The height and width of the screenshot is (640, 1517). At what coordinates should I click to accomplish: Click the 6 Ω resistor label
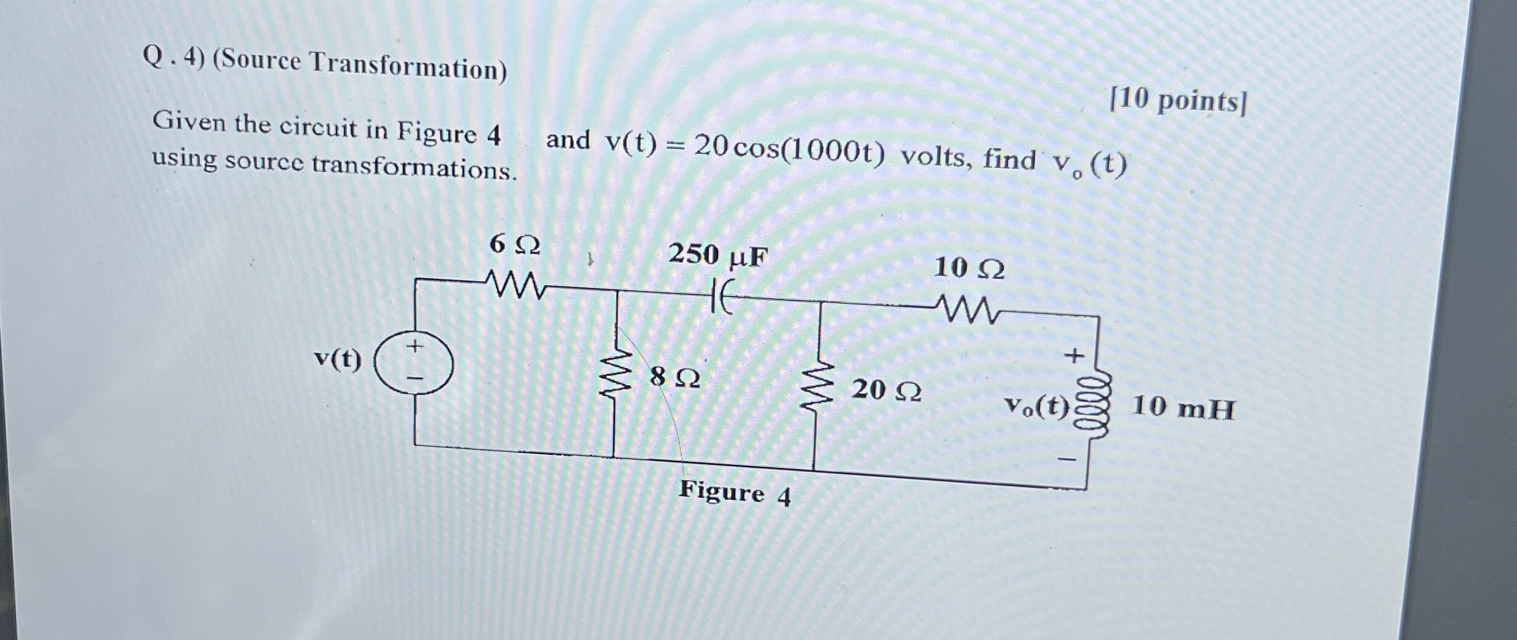coord(514,245)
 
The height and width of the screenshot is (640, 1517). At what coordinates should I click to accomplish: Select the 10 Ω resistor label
coord(969,269)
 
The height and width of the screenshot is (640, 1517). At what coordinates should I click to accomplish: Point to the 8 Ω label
coord(674,377)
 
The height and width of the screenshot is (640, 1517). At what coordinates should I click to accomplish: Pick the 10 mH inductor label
coord(1183,409)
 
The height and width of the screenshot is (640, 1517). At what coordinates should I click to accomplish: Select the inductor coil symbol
coord(1095,406)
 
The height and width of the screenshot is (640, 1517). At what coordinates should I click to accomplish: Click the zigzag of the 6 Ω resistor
coord(514,285)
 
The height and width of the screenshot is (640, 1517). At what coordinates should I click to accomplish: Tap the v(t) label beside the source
coord(338,360)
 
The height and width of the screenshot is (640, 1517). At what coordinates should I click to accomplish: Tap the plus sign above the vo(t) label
coord(1073,355)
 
